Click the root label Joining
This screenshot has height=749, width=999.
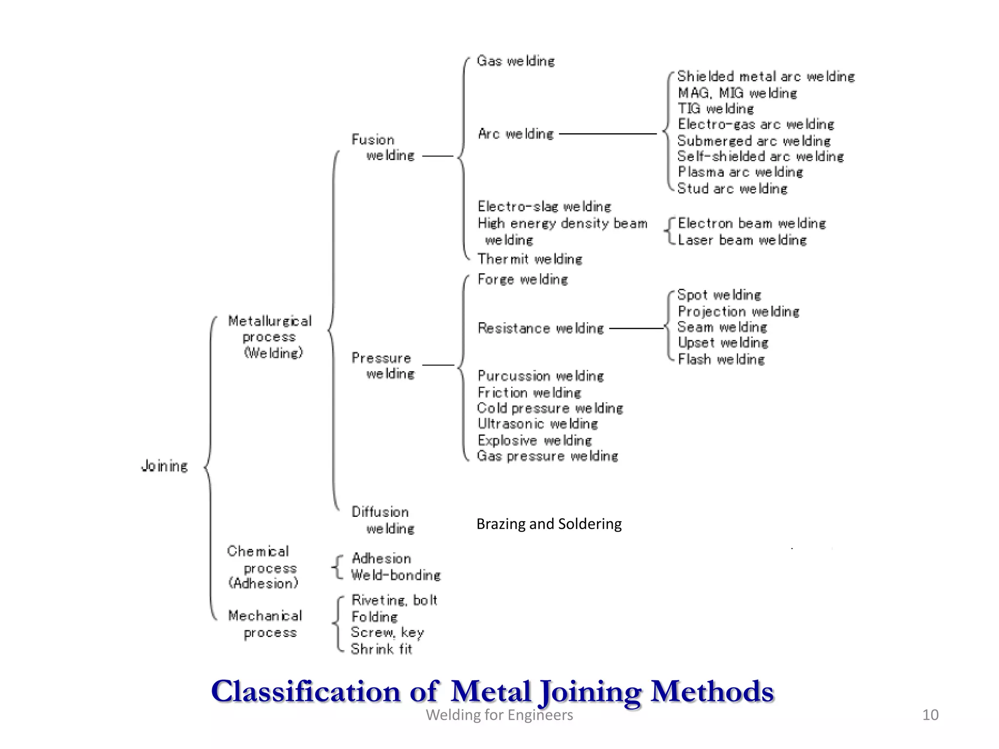(x=164, y=466)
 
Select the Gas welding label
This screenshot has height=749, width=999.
(x=516, y=61)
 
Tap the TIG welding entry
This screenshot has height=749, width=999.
(x=715, y=108)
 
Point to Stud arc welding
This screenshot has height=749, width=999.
(x=732, y=188)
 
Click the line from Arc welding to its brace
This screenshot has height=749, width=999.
(x=608, y=134)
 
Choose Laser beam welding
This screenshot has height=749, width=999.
(x=742, y=240)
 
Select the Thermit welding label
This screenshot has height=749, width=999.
(x=530, y=259)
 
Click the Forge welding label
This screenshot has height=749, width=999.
(x=522, y=279)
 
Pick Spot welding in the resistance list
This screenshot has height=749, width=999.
(x=719, y=295)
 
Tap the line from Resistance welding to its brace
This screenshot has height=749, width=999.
(x=636, y=328)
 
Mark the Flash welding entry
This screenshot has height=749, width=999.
(x=721, y=359)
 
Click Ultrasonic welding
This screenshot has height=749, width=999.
(x=538, y=424)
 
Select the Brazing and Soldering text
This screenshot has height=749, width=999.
(x=549, y=524)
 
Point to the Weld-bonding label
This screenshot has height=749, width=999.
(x=396, y=575)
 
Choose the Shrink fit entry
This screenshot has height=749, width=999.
(x=381, y=649)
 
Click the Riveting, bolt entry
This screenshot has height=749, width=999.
(x=394, y=600)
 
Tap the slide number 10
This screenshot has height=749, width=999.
(x=930, y=715)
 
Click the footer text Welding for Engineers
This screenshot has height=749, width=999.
(x=499, y=715)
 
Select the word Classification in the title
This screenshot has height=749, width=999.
(x=306, y=691)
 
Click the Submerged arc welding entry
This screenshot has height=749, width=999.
(x=754, y=141)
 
